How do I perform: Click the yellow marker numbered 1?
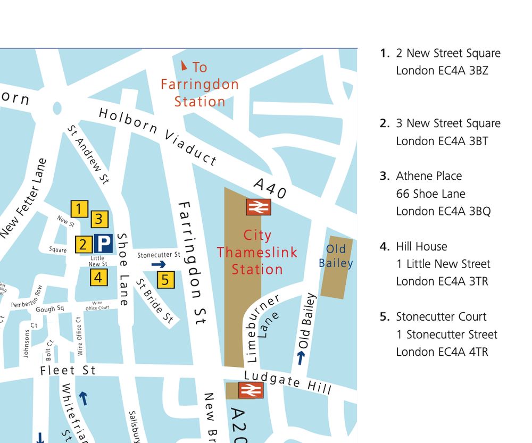pyautogui.click(x=79, y=209)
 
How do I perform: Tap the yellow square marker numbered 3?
pyautogui.click(x=99, y=219)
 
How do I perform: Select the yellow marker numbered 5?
pyautogui.click(x=166, y=279)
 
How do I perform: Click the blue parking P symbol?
pyautogui.click(x=103, y=244)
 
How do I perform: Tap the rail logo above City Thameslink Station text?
pyautogui.click(x=259, y=207)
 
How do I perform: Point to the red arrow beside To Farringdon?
pyautogui.click(x=184, y=66)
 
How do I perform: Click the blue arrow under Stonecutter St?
pyautogui.click(x=159, y=264)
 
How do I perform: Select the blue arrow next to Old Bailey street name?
pyautogui.click(x=301, y=358)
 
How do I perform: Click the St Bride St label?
pyautogui.click(x=155, y=301)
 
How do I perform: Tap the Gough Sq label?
pyautogui.click(x=49, y=309)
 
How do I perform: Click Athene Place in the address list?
pyautogui.click(x=429, y=176)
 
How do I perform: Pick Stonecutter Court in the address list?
pyautogui.click(x=441, y=317)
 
